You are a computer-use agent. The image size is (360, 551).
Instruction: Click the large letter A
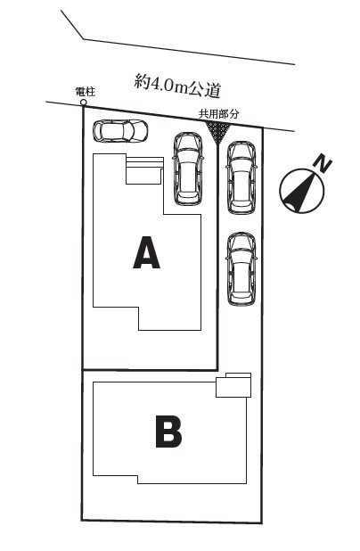[146, 252]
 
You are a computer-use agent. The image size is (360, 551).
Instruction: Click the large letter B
[168, 432]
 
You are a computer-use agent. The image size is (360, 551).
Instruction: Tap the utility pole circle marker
[84, 103]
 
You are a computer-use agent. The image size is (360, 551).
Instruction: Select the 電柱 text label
[86, 92]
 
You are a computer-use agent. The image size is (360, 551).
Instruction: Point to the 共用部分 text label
[219, 113]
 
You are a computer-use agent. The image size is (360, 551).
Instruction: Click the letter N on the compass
[323, 164]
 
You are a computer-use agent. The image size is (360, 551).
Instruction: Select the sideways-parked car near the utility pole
[120, 131]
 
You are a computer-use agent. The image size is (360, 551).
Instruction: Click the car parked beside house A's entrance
[188, 169]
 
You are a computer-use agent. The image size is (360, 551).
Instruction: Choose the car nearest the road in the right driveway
[241, 177]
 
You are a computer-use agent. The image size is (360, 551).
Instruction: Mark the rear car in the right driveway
[241, 269]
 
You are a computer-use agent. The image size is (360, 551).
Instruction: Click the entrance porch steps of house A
[144, 170]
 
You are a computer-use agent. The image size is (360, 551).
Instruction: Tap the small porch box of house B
[233, 385]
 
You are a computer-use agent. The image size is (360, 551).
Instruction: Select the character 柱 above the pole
[90, 92]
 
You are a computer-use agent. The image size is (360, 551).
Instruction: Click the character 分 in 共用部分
[234, 113]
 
